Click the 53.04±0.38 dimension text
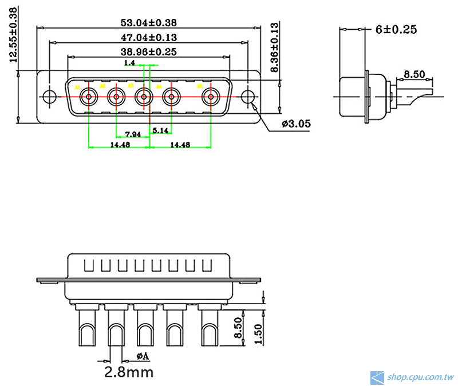[148, 23]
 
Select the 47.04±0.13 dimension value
[148, 37]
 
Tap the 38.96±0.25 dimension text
[148, 51]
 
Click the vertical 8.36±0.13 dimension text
[275, 47]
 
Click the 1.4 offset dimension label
[129, 63]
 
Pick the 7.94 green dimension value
[133, 134]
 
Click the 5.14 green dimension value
[161, 130]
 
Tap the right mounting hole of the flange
[247, 97]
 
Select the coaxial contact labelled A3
[144, 97]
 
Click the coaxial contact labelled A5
[211, 97]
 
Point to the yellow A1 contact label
[77, 86]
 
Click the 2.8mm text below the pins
[129, 373]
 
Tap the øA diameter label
[143, 356]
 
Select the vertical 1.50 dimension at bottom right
[259, 333]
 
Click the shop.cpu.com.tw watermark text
[420, 377]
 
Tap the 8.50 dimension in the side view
[414, 74]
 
